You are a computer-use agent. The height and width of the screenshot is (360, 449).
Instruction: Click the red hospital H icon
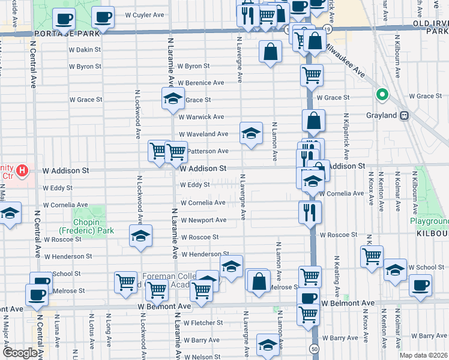point(22,171)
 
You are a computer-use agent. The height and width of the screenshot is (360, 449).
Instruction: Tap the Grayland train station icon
point(405,115)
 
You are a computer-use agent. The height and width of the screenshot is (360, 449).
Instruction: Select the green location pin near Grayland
point(381,95)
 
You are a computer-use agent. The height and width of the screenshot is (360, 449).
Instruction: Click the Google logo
point(20,353)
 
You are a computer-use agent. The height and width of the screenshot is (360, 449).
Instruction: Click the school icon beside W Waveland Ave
point(251,133)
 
